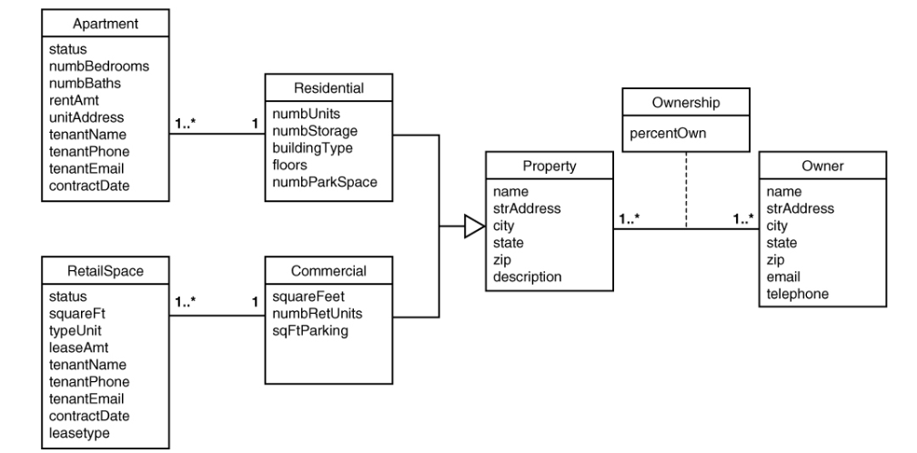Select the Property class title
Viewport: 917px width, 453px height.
pos(549,166)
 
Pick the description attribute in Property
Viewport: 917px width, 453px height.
pos(527,277)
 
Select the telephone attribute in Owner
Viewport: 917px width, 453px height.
pos(797,294)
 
